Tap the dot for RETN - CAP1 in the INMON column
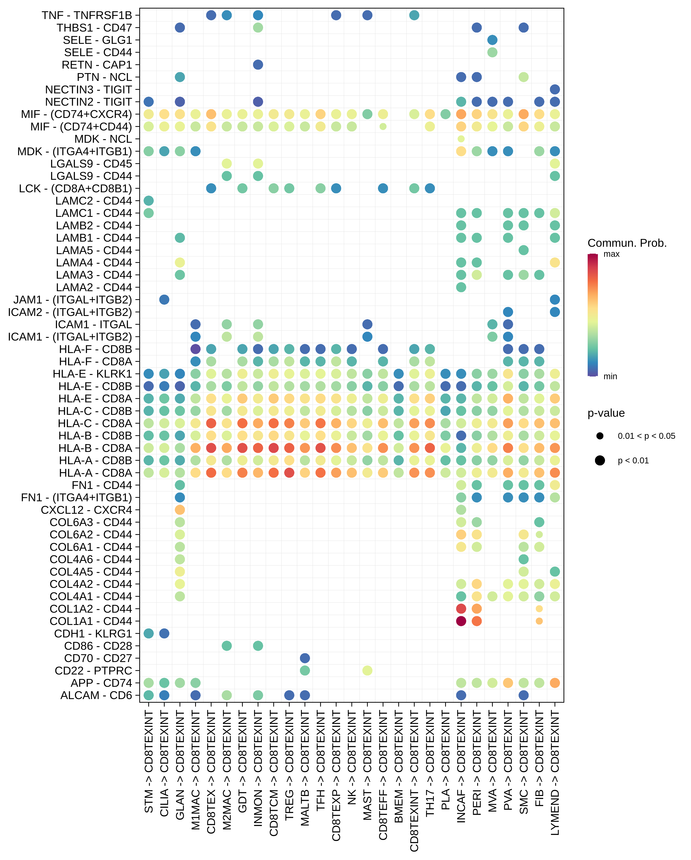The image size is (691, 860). click(x=258, y=65)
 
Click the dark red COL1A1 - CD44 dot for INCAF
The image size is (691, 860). click(x=461, y=621)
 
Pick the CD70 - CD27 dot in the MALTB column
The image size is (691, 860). click(x=305, y=658)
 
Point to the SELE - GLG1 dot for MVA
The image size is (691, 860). click(x=492, y=40)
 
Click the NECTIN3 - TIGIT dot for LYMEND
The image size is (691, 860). click(x=555, y=89)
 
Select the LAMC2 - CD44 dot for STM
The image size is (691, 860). click(x=148, y=201)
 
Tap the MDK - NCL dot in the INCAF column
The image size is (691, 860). click(x=461, y=139)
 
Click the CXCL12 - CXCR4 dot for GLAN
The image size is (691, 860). click(x=180, y=510)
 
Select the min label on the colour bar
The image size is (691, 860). click(x=610, y=376)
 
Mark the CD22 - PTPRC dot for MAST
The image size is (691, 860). click(x=368, y=671)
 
